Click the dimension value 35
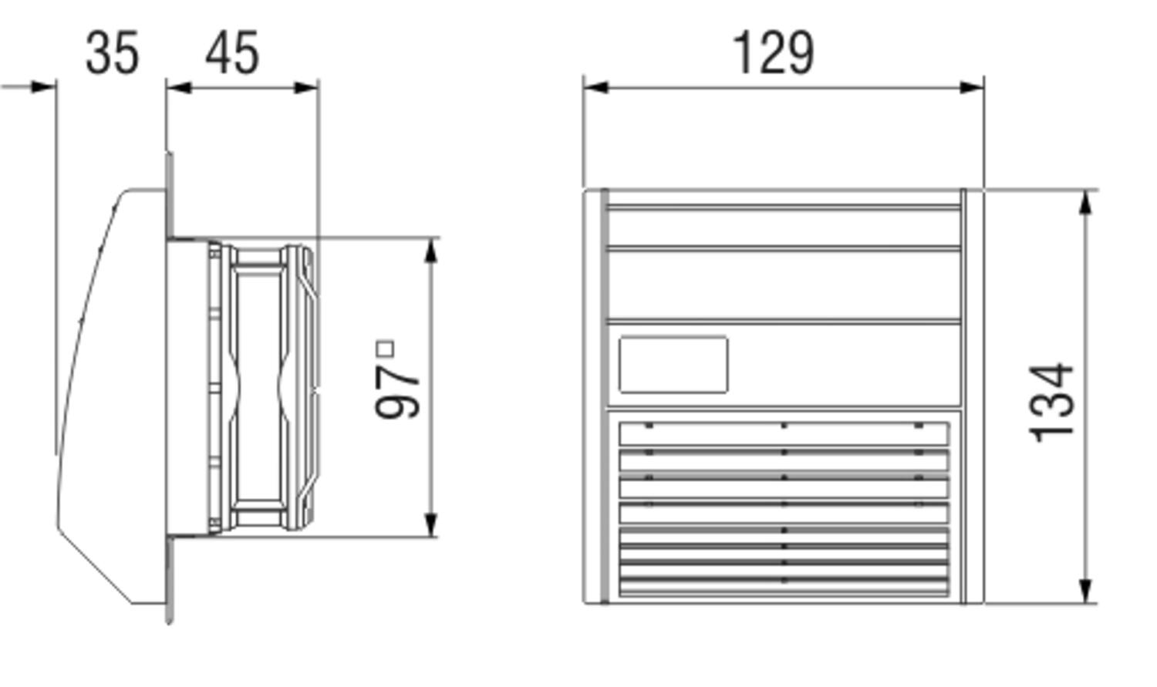(x=112, y=54)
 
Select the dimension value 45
(x=232, y=54)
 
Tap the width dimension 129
(x=773, y=54)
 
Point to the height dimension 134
(x=1054, y=402)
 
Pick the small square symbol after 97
(x=385, y=349)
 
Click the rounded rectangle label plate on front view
(x=673, y=365)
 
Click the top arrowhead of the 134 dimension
(x=1086, y=202)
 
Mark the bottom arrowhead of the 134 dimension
(x=1086, y=591)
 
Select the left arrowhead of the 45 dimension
(x=178, y=87)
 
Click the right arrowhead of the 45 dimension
(x=306, y=87)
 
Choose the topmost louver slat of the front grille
(x=784, y=434)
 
